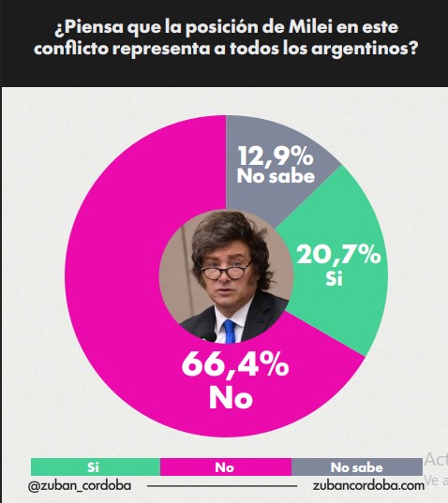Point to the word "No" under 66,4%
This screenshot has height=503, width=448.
[x=231, y=396]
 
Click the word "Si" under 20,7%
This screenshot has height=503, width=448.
[x=333, y=278]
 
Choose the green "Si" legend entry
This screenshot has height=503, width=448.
[x=94, y=466]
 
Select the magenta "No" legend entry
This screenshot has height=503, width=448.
[x=225, y=466]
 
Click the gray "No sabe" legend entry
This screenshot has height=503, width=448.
[x=356, y=466]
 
